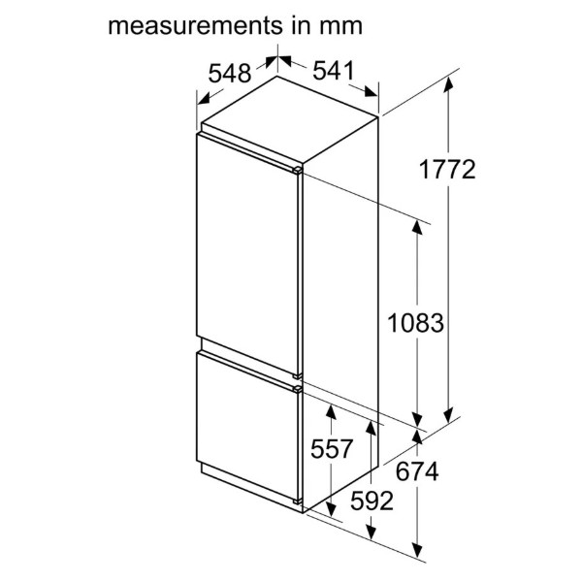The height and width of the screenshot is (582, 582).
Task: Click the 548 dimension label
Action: (x=229, y=73)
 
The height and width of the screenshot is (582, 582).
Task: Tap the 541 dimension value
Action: (x=334, y=71)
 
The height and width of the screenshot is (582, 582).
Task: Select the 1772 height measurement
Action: (x=447, y=170)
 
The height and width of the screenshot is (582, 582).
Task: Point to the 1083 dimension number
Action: (x=415, y=323)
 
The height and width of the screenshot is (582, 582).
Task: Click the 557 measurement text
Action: (x=331, y=449)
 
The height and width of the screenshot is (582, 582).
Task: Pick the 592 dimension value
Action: (x=372, y=501)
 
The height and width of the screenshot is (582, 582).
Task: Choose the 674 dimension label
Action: (x=417, y=471)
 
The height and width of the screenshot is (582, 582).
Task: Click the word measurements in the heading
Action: (x=193, y=26)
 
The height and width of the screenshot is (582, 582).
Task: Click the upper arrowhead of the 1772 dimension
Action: (x=448, y=83)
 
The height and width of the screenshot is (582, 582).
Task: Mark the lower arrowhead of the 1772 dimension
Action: (x=448, y=415)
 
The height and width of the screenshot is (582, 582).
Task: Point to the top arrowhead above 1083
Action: (x=417, y=227)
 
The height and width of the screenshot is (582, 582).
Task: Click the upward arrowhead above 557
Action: (x=331, y=412)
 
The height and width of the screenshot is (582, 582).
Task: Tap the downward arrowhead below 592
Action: (x=371, y=532)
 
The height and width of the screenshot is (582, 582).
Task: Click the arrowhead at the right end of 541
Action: (x=371, y=92)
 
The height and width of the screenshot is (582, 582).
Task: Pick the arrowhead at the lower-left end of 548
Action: (x=204, y=99)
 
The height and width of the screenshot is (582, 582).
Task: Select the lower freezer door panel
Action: (x=246, y=426)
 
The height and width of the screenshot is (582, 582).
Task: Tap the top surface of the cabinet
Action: (x=290, y=119)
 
